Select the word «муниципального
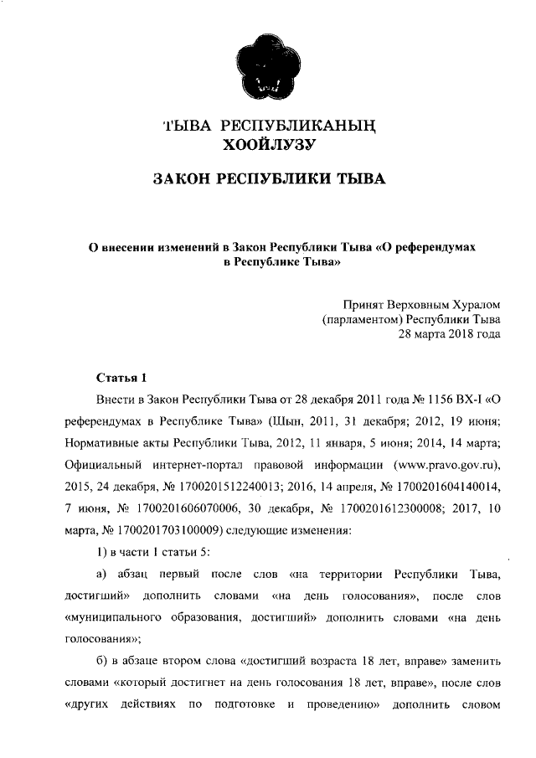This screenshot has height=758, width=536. tap(118, 616)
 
